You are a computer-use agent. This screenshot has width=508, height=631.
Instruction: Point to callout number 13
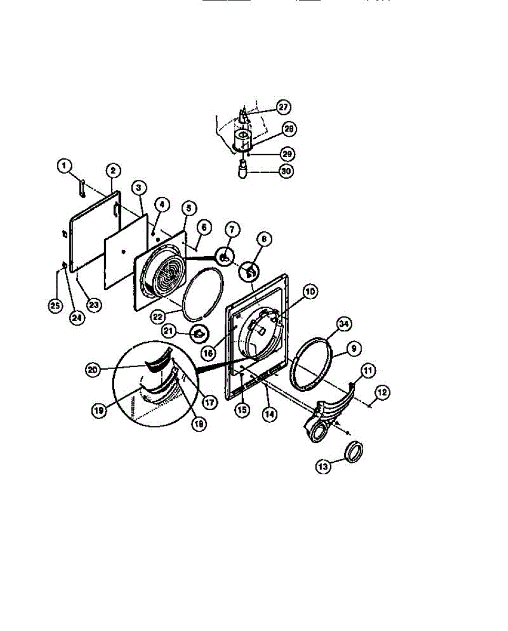click(x=323, y=465)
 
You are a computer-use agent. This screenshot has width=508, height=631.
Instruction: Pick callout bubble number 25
click(x=55, y=306)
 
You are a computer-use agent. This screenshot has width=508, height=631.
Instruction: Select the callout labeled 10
click(x=311, y=291)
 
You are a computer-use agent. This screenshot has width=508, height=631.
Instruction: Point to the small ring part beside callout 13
click(x=354, y=451)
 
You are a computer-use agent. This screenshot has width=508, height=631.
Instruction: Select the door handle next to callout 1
click(x=82, y=188)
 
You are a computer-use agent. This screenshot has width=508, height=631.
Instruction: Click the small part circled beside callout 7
click(x=224, y=258)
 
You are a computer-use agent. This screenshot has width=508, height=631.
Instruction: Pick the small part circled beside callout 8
click(x=251, y=272)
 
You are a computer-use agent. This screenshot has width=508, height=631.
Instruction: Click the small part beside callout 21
click(x=200, y=333)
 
